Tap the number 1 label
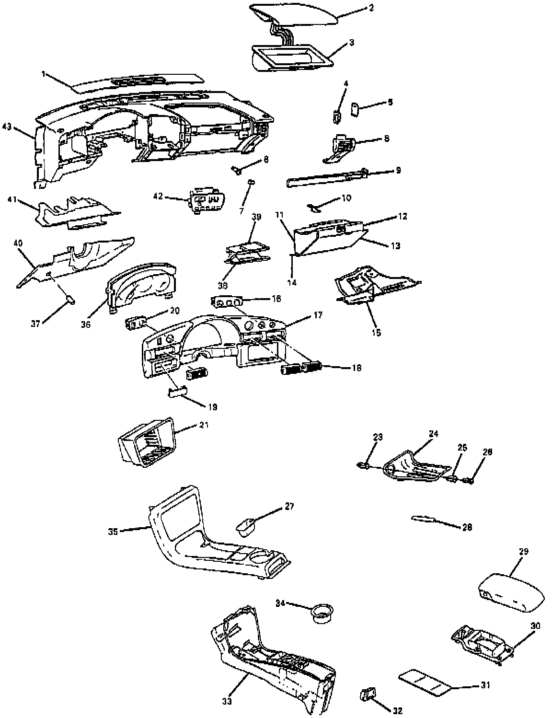[x=43, y=74]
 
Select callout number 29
[x=523, y=552]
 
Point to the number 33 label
[x=227, y=702]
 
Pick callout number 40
[x=18, y=244]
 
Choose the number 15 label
[x=377, y=332]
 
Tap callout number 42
[x=158, y=196]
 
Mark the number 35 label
[x=113, y=531]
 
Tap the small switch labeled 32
[x=368, y=693]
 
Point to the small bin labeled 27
[x=244, y=527]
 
